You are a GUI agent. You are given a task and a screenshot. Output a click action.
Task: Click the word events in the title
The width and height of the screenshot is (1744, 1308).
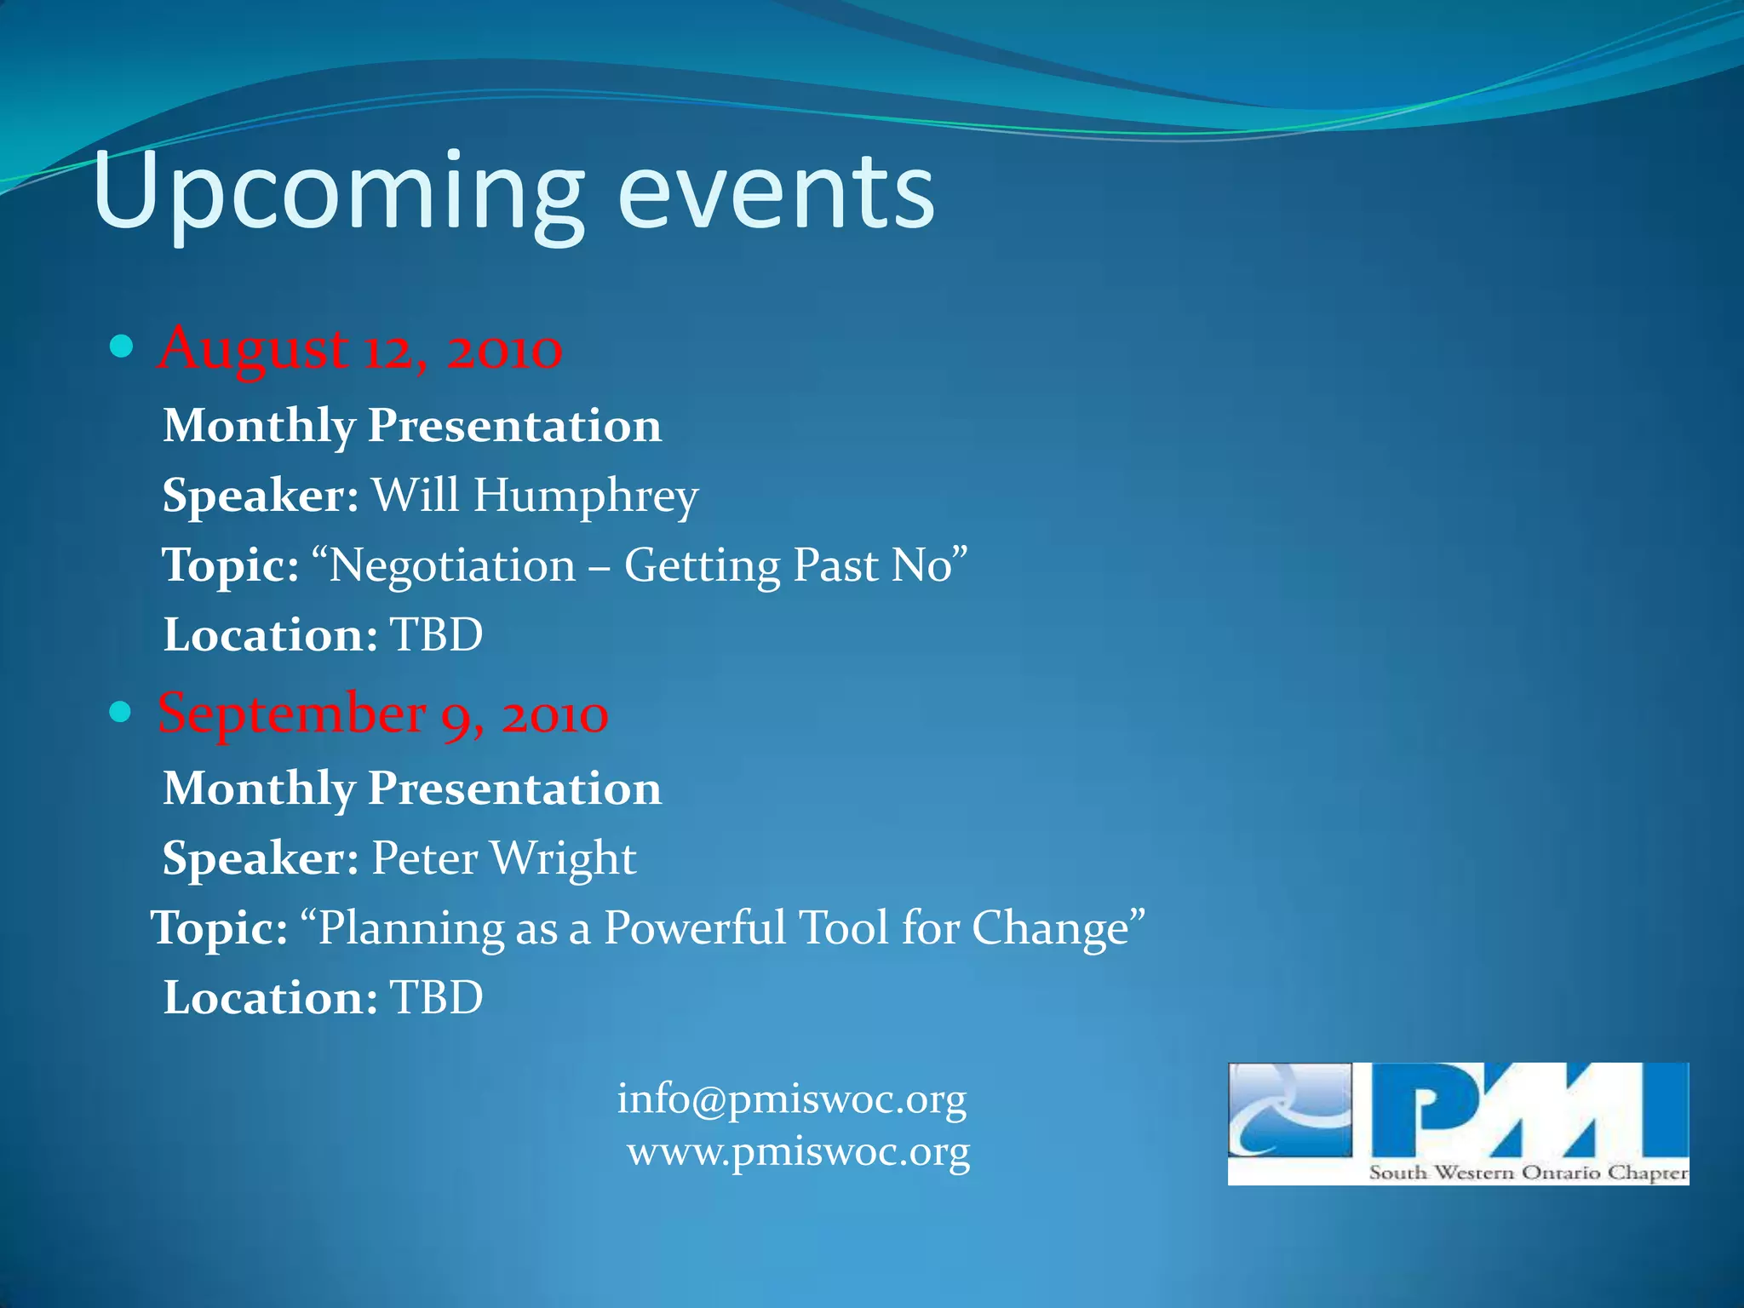pos(776,192)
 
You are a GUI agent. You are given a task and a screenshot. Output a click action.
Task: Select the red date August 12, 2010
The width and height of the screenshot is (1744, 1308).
pos(360,349)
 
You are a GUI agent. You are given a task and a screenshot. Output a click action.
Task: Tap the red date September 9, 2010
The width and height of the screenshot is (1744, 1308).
pos(383,714)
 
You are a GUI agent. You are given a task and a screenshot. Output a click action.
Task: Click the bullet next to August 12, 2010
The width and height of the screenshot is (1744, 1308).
pos(123,347)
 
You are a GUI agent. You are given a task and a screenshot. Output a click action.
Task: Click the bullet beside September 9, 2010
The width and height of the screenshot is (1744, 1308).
pos(121,712)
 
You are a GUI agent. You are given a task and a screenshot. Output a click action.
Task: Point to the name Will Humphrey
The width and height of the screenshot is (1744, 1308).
pos(535,496)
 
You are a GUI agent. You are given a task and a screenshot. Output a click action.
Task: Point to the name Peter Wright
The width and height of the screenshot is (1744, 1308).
pos(504,858)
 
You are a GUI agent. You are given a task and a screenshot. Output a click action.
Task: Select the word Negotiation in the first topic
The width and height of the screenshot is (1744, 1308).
pos(452,566)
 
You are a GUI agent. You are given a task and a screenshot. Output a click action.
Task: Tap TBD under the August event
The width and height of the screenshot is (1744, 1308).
pos(436,635)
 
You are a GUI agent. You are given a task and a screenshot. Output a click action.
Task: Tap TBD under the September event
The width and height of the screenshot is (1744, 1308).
pos(436,998)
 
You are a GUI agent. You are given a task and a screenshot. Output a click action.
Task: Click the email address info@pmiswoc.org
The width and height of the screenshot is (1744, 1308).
pos(792,1099)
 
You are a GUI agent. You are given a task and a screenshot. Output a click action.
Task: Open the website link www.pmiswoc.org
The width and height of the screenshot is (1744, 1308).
pos(799,1153)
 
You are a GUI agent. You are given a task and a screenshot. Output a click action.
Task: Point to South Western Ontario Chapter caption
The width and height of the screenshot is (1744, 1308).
pos(1529,1173)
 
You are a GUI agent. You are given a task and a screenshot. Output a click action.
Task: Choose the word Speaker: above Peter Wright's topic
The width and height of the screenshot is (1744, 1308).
pos(261,858)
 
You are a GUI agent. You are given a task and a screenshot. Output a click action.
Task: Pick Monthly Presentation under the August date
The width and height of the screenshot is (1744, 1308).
pos(412,426)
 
